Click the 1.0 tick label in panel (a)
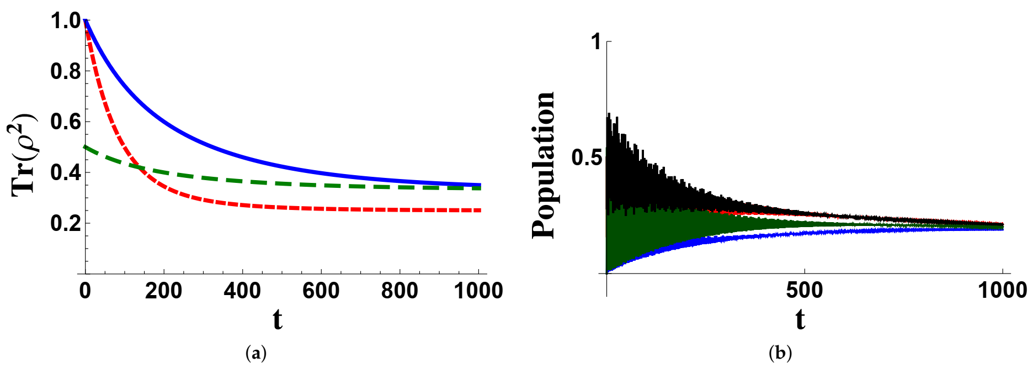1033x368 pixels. (x=66, y=21)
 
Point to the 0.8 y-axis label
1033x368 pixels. (x=66, y=71)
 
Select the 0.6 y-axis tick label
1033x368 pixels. (x=66, y=122)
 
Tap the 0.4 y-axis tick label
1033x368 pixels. (x=66, y=172)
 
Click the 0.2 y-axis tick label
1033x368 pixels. (x=66, y=223)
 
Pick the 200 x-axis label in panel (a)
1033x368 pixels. (x=163, y=291)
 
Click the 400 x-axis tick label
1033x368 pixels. (x=242, y=291)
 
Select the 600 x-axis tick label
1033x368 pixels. (x=321, y=291)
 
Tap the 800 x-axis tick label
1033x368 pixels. (x=400, y=291)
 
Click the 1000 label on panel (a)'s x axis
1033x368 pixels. (x=478, y=291)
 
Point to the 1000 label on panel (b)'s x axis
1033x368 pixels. (x=1002, y=290)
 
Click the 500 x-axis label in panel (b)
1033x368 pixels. (x=804, y=290)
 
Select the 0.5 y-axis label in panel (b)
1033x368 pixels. (x=587, y=157)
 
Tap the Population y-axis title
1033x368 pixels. (x=544, y=166)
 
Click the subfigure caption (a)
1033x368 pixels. (x=255, y=353)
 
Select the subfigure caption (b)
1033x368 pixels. (x=780, y=353)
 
